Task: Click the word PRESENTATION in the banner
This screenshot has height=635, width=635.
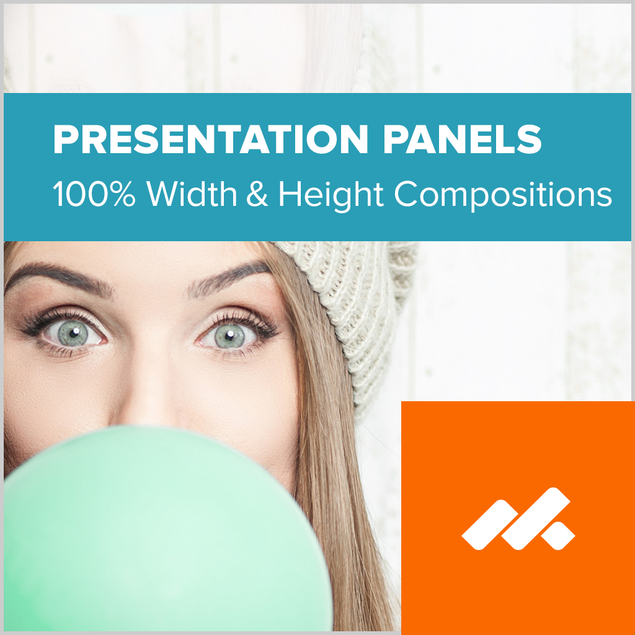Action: pyautogui.click(x=211, y=140)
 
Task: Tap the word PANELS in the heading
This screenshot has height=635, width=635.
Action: pyautogui.click(x=462, y=140)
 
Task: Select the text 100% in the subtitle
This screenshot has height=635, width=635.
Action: pyautogui.click(x=94, y=193)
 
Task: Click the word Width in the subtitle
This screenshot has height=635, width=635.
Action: pyautogui.click(x=192, y=193)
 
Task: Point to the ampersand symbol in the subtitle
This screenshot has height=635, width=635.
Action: pyautogui.click(x=257, y=193)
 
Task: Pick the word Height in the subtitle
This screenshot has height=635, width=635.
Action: pyautogui.click(x=331, y=195)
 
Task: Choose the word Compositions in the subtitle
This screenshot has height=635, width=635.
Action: pyautogui.click(x=502, y=195)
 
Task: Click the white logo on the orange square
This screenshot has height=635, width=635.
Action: pyautogui.click(x=518, y=519)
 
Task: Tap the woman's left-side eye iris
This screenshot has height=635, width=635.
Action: pyautogui.click(x=73, y=333)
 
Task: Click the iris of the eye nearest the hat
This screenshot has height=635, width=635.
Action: pyautogui.click(x=229, y=336)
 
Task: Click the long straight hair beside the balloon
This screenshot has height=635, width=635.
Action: pyautogui.click(x=344, y=506)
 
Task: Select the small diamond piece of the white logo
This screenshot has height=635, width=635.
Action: pyautogui.click(x=558, y=536)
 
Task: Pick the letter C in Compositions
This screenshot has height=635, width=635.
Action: pyautogui.click(x=407, y=194)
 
